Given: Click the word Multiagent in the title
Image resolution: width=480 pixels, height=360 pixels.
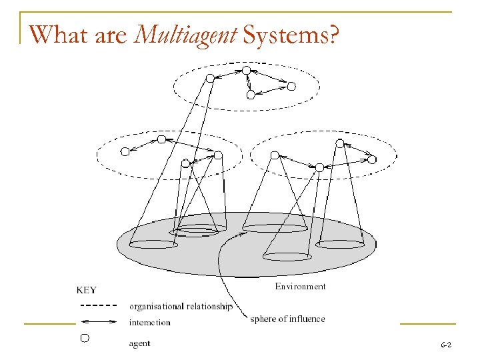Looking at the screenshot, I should point(186,35).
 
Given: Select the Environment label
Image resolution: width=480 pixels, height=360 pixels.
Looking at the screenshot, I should point(301,287).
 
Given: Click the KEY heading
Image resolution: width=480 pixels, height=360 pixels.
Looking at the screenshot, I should point(87,290).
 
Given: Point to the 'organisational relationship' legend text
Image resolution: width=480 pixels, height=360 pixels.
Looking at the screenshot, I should point(181,307).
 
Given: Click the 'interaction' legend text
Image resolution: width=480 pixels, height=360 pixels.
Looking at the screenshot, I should point(150,323).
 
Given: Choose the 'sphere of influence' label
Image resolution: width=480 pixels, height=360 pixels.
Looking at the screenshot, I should point(288,319).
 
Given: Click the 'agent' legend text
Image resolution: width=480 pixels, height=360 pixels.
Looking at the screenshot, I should point(139,343).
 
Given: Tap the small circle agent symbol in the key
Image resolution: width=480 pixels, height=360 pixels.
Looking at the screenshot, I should point(85,339).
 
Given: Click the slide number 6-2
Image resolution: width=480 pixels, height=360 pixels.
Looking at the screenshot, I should point(446,345).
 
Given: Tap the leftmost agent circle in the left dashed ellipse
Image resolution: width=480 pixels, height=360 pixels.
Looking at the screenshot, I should point(124,151).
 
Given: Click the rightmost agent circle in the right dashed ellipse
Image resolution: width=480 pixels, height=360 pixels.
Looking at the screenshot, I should point(372,159).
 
